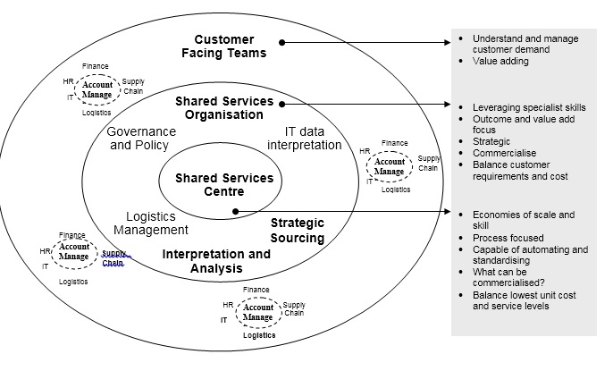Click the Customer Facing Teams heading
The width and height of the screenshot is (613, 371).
point(231,46)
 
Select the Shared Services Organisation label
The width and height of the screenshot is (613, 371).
point(224,107)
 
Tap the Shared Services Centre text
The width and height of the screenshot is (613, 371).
point(224,184)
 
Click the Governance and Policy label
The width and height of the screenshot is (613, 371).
point(141,138)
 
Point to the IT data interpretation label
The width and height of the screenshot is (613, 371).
point(304,139)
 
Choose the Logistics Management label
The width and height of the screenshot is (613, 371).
point(150,223)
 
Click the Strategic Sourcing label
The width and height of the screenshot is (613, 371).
point(297,230)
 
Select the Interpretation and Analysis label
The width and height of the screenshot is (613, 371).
point(216,261)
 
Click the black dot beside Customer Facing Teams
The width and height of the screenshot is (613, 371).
point(281,42)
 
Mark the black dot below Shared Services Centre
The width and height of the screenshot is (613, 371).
point(233,212)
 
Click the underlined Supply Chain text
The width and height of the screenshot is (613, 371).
point(114,257)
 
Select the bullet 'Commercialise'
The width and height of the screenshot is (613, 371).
point(504,153)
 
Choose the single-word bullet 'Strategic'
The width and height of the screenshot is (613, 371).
point(491,141)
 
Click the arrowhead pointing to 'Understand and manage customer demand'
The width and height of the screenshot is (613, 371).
point(448,42)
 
